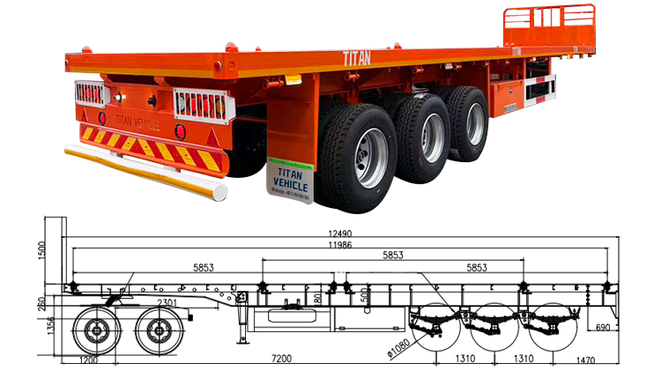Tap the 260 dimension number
click(x=42, y=303)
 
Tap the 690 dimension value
click(x=603, y=327)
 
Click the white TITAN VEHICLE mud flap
click(x=288, y=182)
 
